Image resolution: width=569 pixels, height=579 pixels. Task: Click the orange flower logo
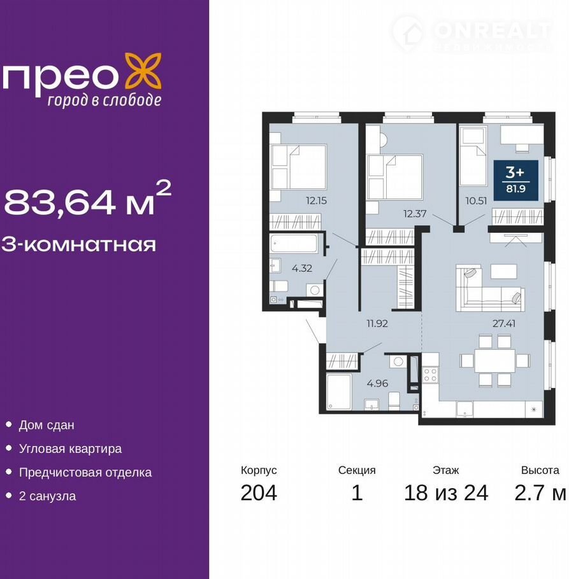[x=142, y=71]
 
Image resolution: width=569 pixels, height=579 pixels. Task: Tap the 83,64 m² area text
[x=88, y=199]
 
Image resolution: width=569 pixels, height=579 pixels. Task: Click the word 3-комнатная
[x=79, y=244]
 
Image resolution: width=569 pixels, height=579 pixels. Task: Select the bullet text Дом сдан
[x=47, y=425]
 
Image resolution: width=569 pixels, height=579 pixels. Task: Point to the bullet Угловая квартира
[x=70, y=449]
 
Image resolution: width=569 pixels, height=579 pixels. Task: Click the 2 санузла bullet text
[x=47, y=496]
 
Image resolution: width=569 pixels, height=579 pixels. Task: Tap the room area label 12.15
[x=316, y=201]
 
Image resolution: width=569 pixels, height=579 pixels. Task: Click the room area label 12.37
[x=415, y=213]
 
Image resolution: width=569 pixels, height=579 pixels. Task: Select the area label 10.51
[x=476, y=201]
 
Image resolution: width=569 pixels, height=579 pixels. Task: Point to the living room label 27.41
[x=504, y=323]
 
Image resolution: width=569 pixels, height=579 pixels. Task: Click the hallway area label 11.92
[x=377, y=323]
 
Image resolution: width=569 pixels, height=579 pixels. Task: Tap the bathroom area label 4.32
[x=301, y=268]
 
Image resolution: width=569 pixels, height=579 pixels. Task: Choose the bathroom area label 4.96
[x=377, y=383]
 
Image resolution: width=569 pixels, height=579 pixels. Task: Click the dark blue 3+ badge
[x=516, y=180]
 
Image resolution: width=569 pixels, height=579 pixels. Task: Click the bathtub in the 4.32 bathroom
[x=294, y=244]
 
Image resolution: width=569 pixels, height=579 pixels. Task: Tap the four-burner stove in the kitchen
[x=430, y=375]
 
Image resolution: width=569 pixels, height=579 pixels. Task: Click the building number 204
[x=259, y=492]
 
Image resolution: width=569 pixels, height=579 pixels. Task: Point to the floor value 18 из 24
[x=446, y=492]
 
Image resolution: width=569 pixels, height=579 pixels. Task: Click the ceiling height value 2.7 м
[x=540, y=492]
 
